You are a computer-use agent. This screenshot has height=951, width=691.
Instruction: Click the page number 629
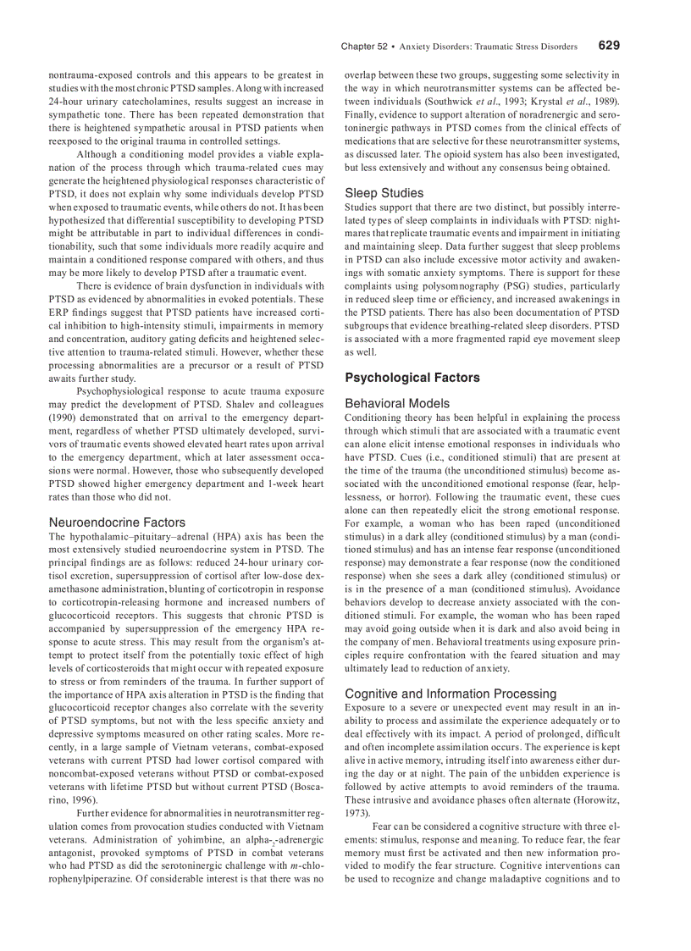click(609, 46)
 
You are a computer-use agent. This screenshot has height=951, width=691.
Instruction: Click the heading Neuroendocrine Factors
click(117, 522)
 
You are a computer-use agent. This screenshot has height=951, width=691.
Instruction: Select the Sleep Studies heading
click(384, 193)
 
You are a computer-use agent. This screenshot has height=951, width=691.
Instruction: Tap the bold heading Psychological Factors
click(412, 378)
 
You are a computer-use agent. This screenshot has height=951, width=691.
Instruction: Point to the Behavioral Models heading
click(397, 404)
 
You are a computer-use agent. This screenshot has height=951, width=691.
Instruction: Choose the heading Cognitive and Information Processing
click(451, 694)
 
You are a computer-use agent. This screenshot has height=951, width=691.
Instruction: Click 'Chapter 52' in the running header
click(364, 47)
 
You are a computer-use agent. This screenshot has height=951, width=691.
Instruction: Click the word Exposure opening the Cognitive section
click(365, 707)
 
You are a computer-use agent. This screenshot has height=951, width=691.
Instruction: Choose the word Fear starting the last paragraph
click(383, 827)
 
